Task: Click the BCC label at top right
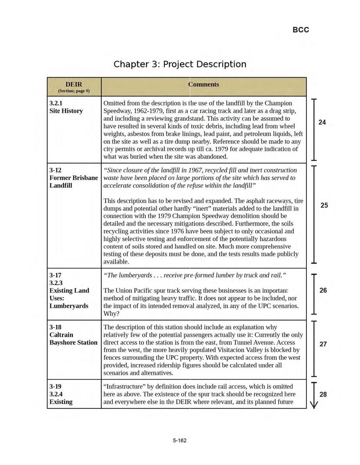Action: click(x=301, y=30)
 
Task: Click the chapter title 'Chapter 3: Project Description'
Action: click(x=180, y=64)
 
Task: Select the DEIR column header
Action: click(x=74, y=84)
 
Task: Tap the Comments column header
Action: click(x=203, y=84)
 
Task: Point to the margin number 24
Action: click(x=322, y=122)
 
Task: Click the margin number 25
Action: click(x=324, y=206)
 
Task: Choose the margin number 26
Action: click(x=323, y=291)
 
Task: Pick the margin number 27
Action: click(x=323, y=344)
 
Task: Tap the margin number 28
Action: click(x=323, y=394)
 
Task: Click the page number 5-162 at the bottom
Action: click(x=180, y=440)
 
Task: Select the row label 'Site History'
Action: click(x=66, y=111)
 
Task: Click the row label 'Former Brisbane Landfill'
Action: click(x=73, y=178)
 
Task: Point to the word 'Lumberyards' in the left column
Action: click(x=69, y=306)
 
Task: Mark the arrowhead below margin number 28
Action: click(x=314, y=404)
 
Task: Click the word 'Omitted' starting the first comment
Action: click(x=117, y=103)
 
